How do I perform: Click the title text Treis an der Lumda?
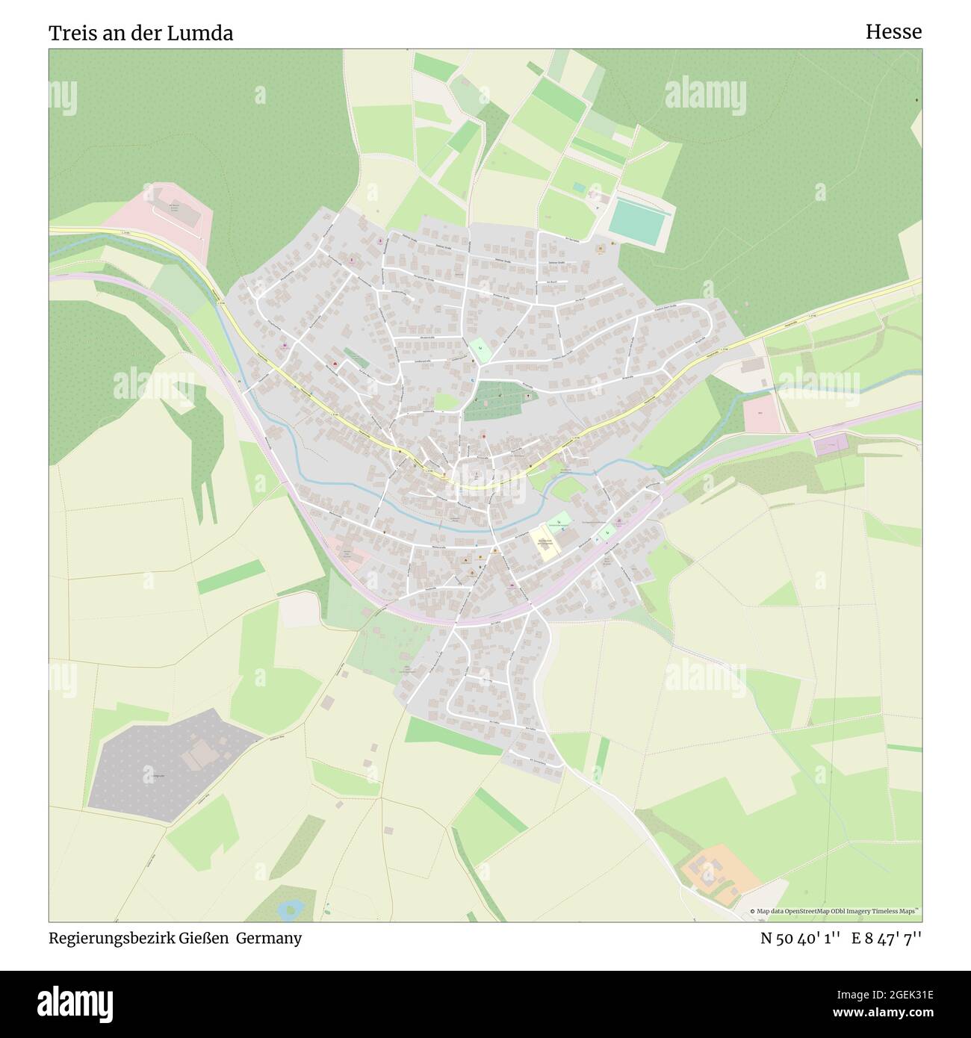[x=140, y=33]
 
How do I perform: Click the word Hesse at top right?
[x=893, y=31]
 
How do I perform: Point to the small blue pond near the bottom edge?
[x=290, y=909]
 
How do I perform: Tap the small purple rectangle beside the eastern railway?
[x=831, y=446]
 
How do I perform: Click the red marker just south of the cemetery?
[x=483, y=437]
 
